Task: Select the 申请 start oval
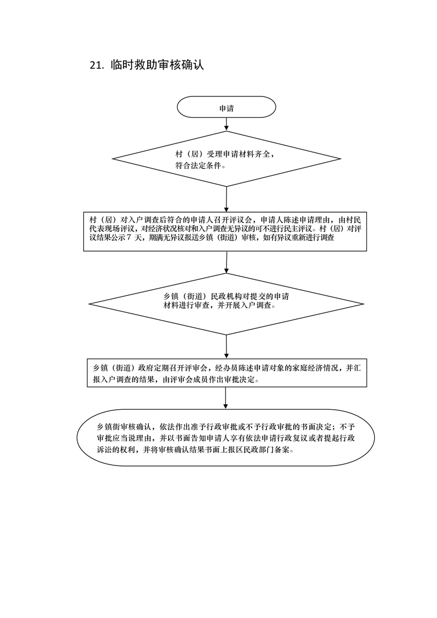click(226, 108)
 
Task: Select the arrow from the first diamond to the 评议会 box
click(226, 199)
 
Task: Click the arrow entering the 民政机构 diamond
click(226, 263)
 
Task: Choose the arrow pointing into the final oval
click(226, 400)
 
